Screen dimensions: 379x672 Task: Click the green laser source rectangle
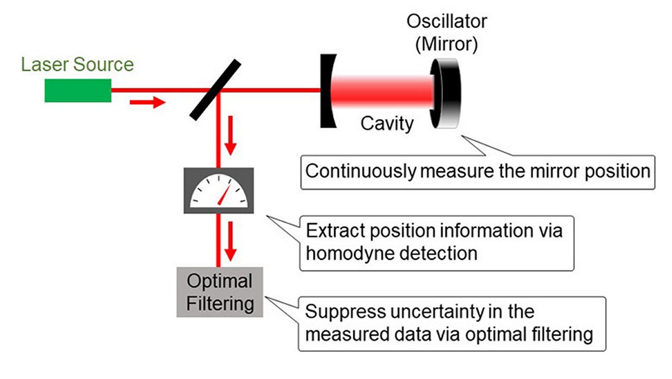[78, 90]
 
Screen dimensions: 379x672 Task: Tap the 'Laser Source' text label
[77, 64]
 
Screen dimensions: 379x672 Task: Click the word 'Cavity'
[386, 123]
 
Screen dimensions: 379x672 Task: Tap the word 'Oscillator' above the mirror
[446, 21]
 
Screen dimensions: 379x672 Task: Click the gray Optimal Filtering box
[220, 292]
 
